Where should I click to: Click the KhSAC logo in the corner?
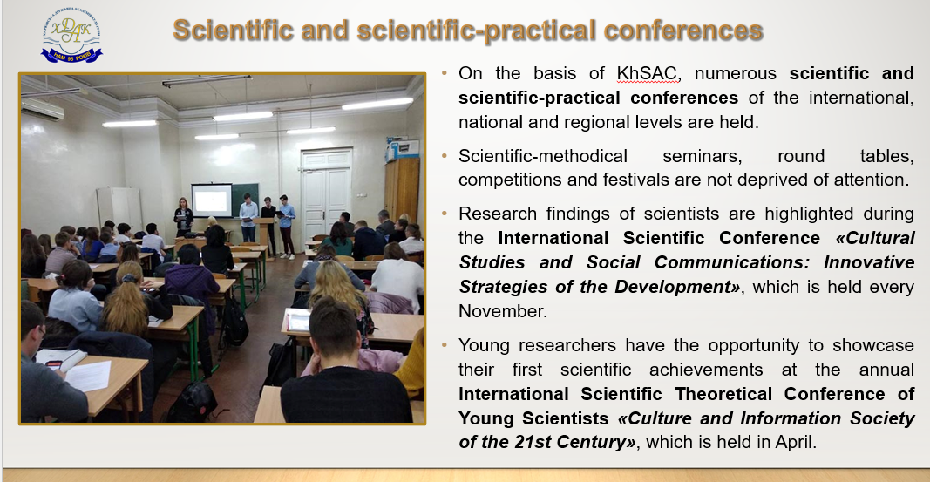(x=71, y=35)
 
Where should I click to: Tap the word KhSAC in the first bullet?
(x=647, y=73)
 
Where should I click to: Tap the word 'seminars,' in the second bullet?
(x=703, y=156)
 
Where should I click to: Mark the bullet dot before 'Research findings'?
(x=445, y=213)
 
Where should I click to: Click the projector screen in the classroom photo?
(x=212, y=200)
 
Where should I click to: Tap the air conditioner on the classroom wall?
(x=43, y=109)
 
